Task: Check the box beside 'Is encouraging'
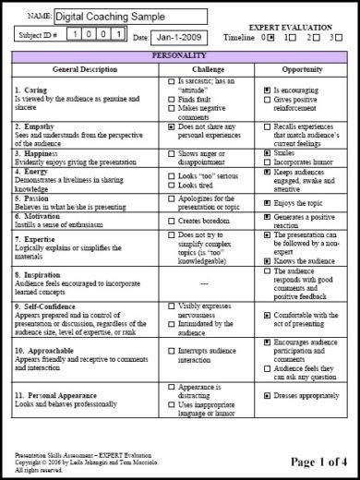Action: (268, 90)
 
